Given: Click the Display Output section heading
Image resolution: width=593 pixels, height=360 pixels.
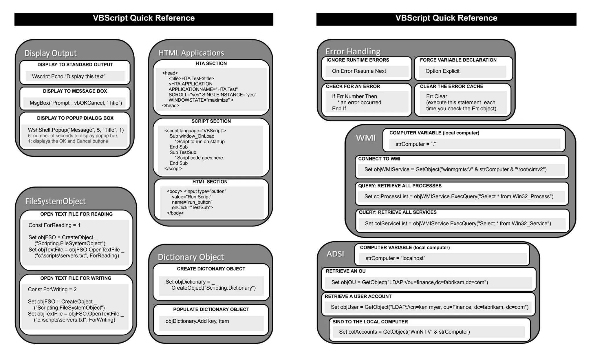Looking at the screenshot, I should pos(50,53).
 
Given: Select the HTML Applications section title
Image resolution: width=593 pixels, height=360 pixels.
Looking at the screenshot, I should pos(191,53).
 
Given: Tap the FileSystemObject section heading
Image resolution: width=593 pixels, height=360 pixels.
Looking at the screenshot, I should pos(55,201).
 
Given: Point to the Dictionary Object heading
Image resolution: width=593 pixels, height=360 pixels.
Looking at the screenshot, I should pos(191,257).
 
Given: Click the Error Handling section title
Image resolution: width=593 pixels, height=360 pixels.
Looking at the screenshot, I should pos(353,51).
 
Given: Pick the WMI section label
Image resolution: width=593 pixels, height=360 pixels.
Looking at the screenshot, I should pos(366,138).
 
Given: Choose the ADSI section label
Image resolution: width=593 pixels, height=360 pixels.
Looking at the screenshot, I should pos(335,254).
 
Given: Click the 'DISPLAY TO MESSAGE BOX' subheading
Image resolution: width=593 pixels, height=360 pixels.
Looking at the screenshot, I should pos(75,91).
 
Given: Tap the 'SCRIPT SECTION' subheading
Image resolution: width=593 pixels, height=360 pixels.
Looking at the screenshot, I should pos(211,121).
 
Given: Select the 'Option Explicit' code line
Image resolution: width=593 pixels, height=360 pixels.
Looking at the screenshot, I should pos(442,71).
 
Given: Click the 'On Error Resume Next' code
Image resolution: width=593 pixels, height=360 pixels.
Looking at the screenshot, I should pos(359,71).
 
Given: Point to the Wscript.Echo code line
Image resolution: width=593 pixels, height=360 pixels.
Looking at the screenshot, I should pos(69,76).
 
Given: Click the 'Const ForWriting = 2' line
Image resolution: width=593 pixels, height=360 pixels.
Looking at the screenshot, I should pos(52,289).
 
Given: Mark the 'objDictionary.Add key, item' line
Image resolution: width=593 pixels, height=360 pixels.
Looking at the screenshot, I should pos(197,321).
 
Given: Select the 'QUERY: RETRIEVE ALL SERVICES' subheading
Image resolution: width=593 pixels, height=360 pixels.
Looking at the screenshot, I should pos(398,212).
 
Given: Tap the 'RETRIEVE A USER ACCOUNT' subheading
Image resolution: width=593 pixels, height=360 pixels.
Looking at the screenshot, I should pos(358,296).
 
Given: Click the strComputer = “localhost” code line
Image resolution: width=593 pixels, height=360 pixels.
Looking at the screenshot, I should pos(395,258).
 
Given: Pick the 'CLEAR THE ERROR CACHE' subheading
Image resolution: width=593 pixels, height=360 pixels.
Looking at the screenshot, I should pos(451,86).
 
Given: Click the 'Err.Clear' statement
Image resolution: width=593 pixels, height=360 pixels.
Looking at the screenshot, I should pos(436,96).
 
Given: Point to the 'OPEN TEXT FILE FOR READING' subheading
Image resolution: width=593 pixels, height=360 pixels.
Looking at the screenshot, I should pos(76,214).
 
